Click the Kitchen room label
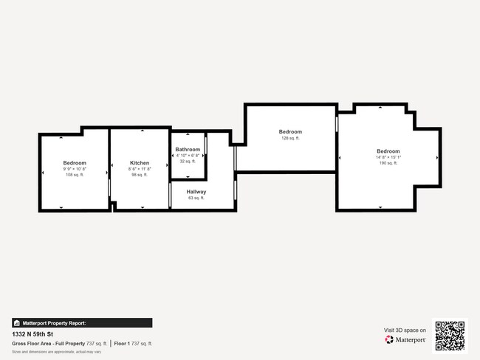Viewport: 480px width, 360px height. tap(140, 163)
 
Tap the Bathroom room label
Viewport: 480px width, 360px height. tap(188, 150)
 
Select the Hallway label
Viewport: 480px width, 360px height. tap(196, 192)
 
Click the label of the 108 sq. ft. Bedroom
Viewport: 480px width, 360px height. tap(75, 163)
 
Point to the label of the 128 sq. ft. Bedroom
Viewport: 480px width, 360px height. tap(290, 132)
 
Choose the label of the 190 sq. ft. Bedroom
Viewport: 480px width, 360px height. tap(388, 151)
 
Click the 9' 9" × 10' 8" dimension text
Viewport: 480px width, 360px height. tap(75, 169)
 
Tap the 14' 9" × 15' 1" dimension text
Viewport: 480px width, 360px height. tap(388, 157)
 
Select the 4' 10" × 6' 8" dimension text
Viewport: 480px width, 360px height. tap(188, 156)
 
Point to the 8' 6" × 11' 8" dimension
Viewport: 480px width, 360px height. tap(140, 169)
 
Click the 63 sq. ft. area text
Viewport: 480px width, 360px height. tap(196, 198)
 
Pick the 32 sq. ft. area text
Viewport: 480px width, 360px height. tap(188, 162)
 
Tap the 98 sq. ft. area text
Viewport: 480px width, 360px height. tap(140, 175)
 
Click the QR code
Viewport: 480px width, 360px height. tap(450, 336)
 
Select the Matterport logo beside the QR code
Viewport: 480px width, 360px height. tap(405, 339)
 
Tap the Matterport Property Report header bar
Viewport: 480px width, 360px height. tap(82, 323)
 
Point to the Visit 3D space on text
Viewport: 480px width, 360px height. tap(405, 330)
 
